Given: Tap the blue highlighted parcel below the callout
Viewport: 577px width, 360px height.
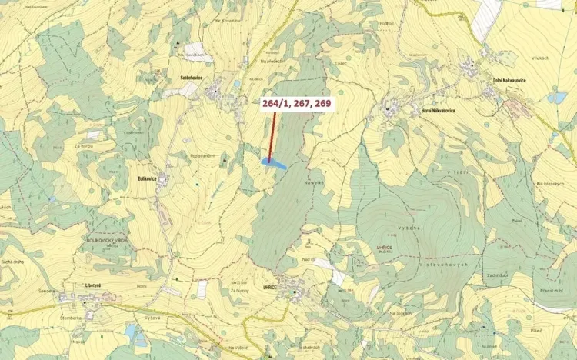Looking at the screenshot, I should coord(274,163).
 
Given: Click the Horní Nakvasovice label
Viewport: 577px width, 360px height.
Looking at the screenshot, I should coord(438,111).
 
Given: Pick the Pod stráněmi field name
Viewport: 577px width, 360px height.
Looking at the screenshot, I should coord(202,156).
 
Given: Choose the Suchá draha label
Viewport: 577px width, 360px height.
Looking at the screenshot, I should coord(16,262).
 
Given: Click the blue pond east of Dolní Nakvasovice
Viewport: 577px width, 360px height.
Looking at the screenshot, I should coord(557,98).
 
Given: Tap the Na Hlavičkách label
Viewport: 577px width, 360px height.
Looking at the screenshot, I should coord(192,55).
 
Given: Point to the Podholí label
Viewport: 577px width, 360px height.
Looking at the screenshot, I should coord(386,23).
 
